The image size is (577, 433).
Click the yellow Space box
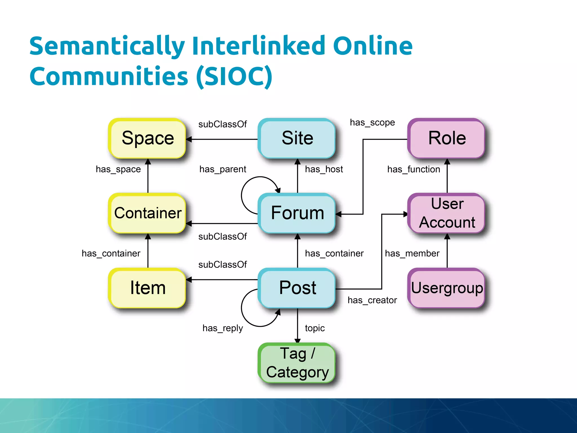click(x=147, y=138)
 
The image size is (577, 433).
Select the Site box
click(x=297, y=138)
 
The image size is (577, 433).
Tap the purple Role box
click(x=447, y=138)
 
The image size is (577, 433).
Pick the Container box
click(x=147, y=213)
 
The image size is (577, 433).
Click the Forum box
click(x=297, y=213)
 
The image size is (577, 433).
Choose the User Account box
click(x=447, y=213)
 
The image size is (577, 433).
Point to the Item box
click(x=147, y=288)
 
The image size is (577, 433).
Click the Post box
click(x=297, y=288)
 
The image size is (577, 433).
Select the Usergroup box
click(x=447, y=288)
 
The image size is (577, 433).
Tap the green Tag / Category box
click(x=297, y=363)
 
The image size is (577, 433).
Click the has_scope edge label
click(x=372, y=123)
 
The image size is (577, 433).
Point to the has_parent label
click(x=223, y=169)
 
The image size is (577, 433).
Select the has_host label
click(x=324, y=169)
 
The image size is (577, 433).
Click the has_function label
click(x=413, y=169)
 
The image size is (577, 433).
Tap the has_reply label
click(x=223, y=328)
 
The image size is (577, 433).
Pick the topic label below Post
click(x=315, y=328)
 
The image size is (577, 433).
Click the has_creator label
click(x=372, y=300)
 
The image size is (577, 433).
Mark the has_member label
click(x=412, y=253)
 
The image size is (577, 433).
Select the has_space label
click(x=118, y=169)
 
